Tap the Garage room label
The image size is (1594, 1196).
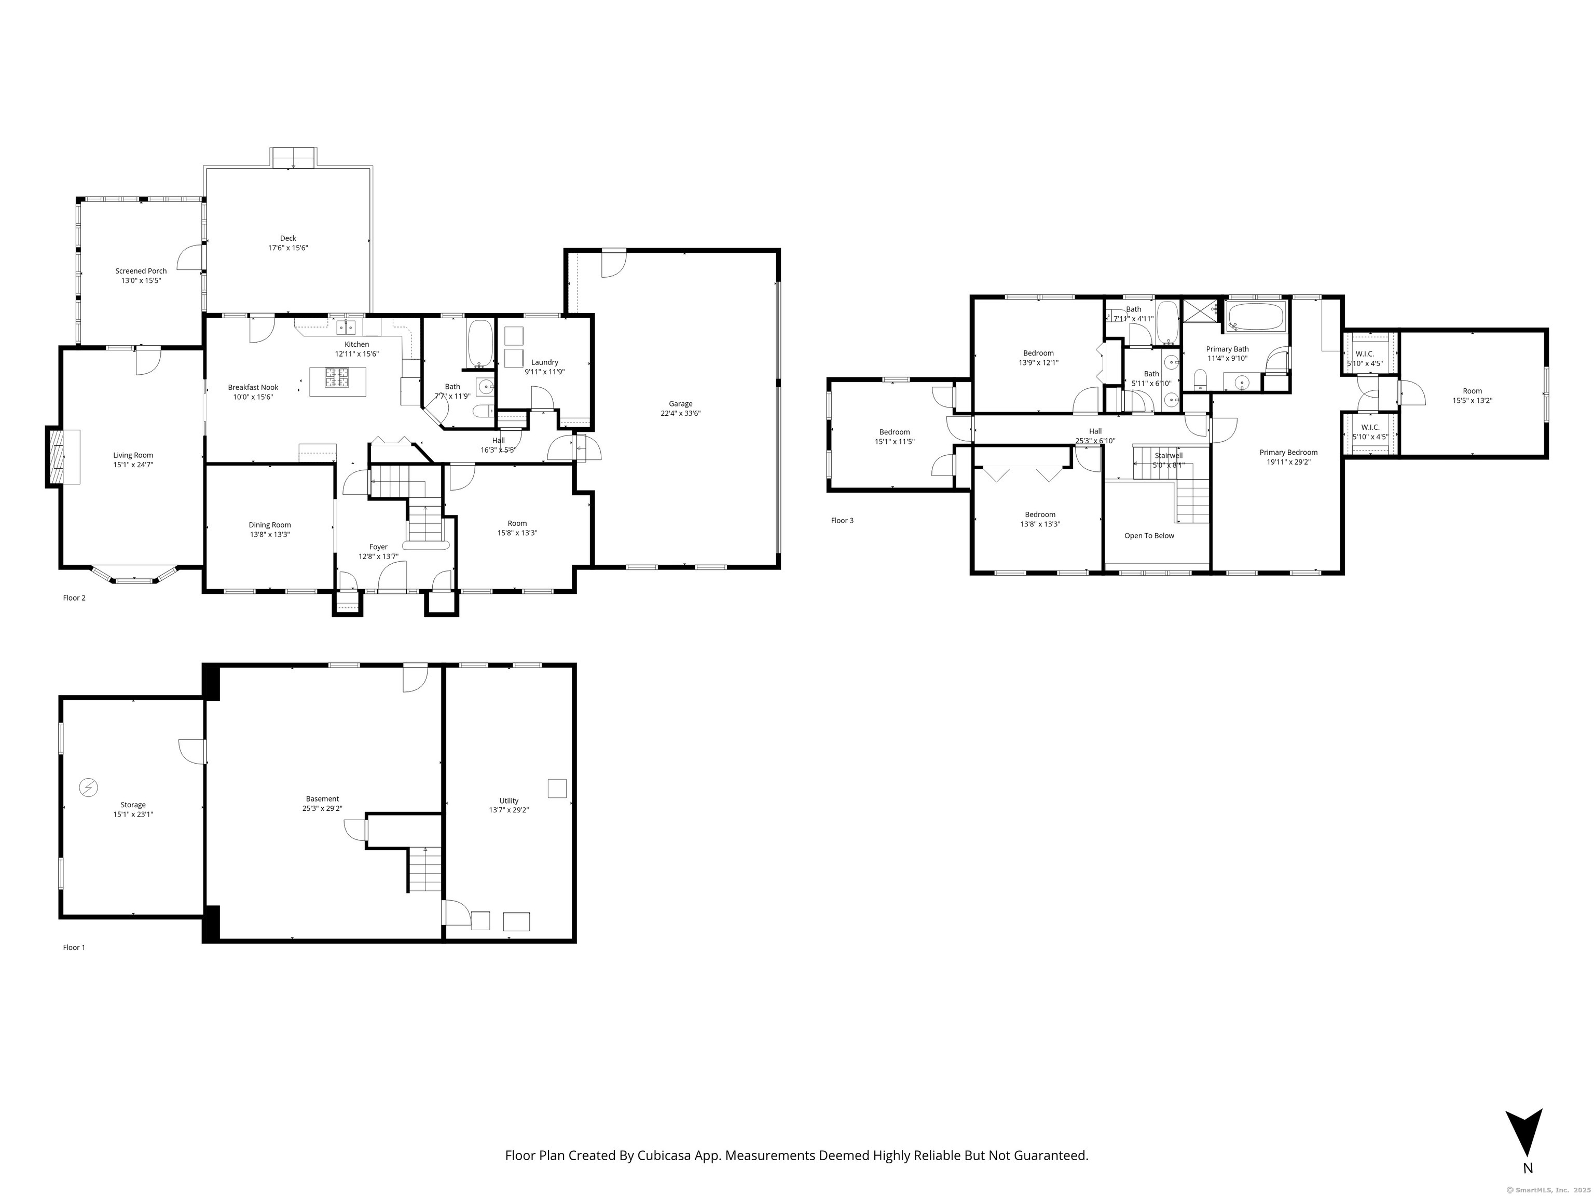[x=680, y=404]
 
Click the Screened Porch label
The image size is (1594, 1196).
[x=141, y=271]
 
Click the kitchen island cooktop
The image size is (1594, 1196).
[x=337, y=375]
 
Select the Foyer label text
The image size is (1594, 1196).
[x=378, y=547]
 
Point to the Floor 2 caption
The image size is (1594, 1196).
[x=74, y=597]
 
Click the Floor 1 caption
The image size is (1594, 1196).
[x=74, y=947]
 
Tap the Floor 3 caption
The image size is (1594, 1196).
[x=842, y=521]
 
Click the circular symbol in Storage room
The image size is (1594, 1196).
[x=89, y=788]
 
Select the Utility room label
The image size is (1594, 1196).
[x=509, y=801]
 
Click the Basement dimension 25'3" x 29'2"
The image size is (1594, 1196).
[x=322, y=809]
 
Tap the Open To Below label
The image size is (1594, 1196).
[x=1149, y=536]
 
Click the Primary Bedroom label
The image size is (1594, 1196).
[x=1288, y=453]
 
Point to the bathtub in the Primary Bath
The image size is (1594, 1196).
[x=1256, y=317]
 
